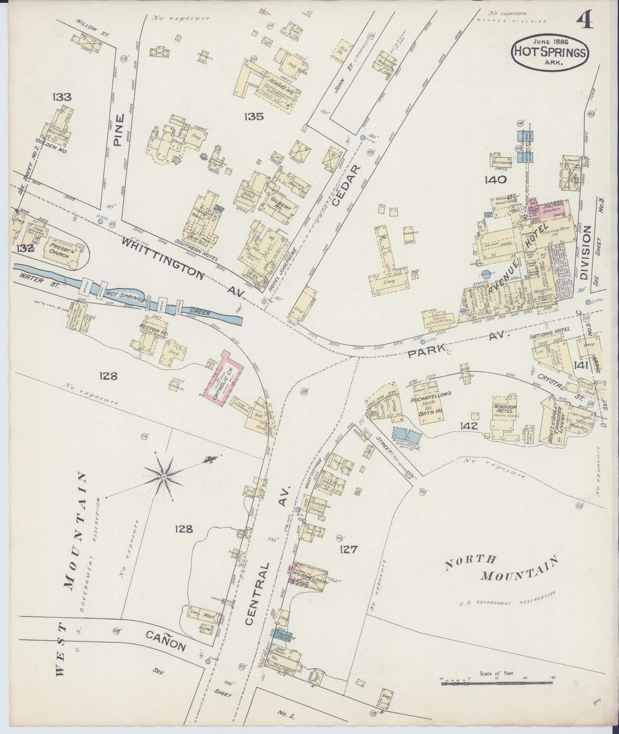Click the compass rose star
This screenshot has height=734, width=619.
pos(164,476)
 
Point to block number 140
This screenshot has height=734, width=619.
pos(496,179)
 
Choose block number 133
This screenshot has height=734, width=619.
pos(62,97)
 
